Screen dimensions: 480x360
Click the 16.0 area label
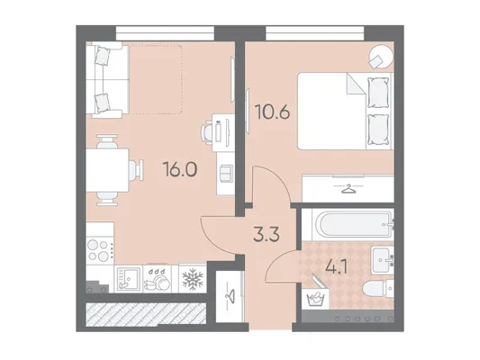(x=180, y=169)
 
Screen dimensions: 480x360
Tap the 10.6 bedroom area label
(x=273, y=112)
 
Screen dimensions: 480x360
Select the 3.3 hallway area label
(x=267, y=235)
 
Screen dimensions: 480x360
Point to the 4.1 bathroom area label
(x=336, y=267)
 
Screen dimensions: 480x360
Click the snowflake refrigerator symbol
(x=193, y=279)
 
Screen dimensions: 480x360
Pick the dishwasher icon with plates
(x=158, y=279)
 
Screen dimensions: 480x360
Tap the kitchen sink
(x=129, y=279)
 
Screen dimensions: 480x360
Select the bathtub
(x=353, y=225)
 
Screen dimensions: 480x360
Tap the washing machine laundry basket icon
(x=315, y=298)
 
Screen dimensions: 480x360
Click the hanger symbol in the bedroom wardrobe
(x=349, y=189)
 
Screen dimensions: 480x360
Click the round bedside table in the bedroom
(x=381, y=57)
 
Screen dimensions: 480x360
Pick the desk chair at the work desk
(x=207, y=132)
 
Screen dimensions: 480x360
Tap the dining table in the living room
(x=107, y=170)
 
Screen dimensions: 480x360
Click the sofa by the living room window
(x=107, y=80)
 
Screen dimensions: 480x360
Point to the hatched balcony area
(x=146, y=314)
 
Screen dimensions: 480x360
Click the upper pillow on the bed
(x=378, y=92)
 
